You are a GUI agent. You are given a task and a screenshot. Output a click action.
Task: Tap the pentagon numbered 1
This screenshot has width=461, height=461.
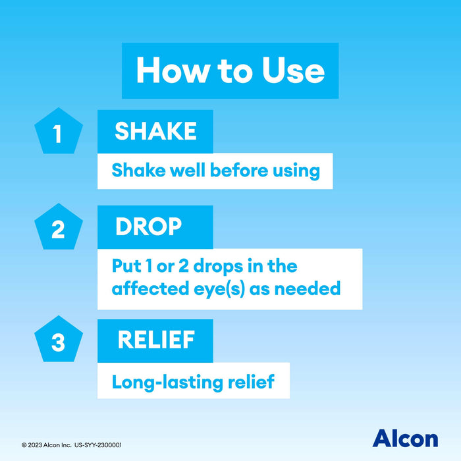tap(58, 134)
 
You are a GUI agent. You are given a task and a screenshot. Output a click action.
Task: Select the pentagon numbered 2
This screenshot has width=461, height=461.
tap(58, 229)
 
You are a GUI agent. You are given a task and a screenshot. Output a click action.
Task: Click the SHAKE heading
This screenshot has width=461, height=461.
tap(155, 131)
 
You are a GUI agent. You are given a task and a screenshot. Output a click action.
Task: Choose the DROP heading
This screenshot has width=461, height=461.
tap(148, 227)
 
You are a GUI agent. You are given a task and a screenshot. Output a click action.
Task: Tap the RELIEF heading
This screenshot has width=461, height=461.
tap(155, 340)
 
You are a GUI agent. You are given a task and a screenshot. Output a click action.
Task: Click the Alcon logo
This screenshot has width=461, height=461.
tap(404, 438)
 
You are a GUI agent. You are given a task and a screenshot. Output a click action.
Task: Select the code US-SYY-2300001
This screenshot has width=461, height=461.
tap(99, 445)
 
